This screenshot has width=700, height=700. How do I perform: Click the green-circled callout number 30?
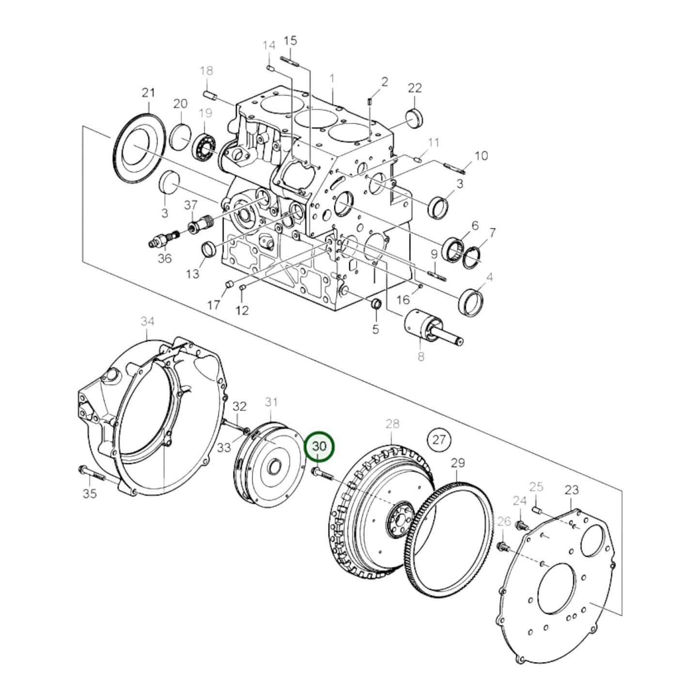(x=320, y=446)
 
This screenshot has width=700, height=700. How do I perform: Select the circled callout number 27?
(x=438, y=439)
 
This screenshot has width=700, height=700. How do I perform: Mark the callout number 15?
(x=290, y=40)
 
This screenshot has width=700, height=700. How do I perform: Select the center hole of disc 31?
(x=273, y=468)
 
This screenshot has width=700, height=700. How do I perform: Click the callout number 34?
(x=147, y=321)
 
